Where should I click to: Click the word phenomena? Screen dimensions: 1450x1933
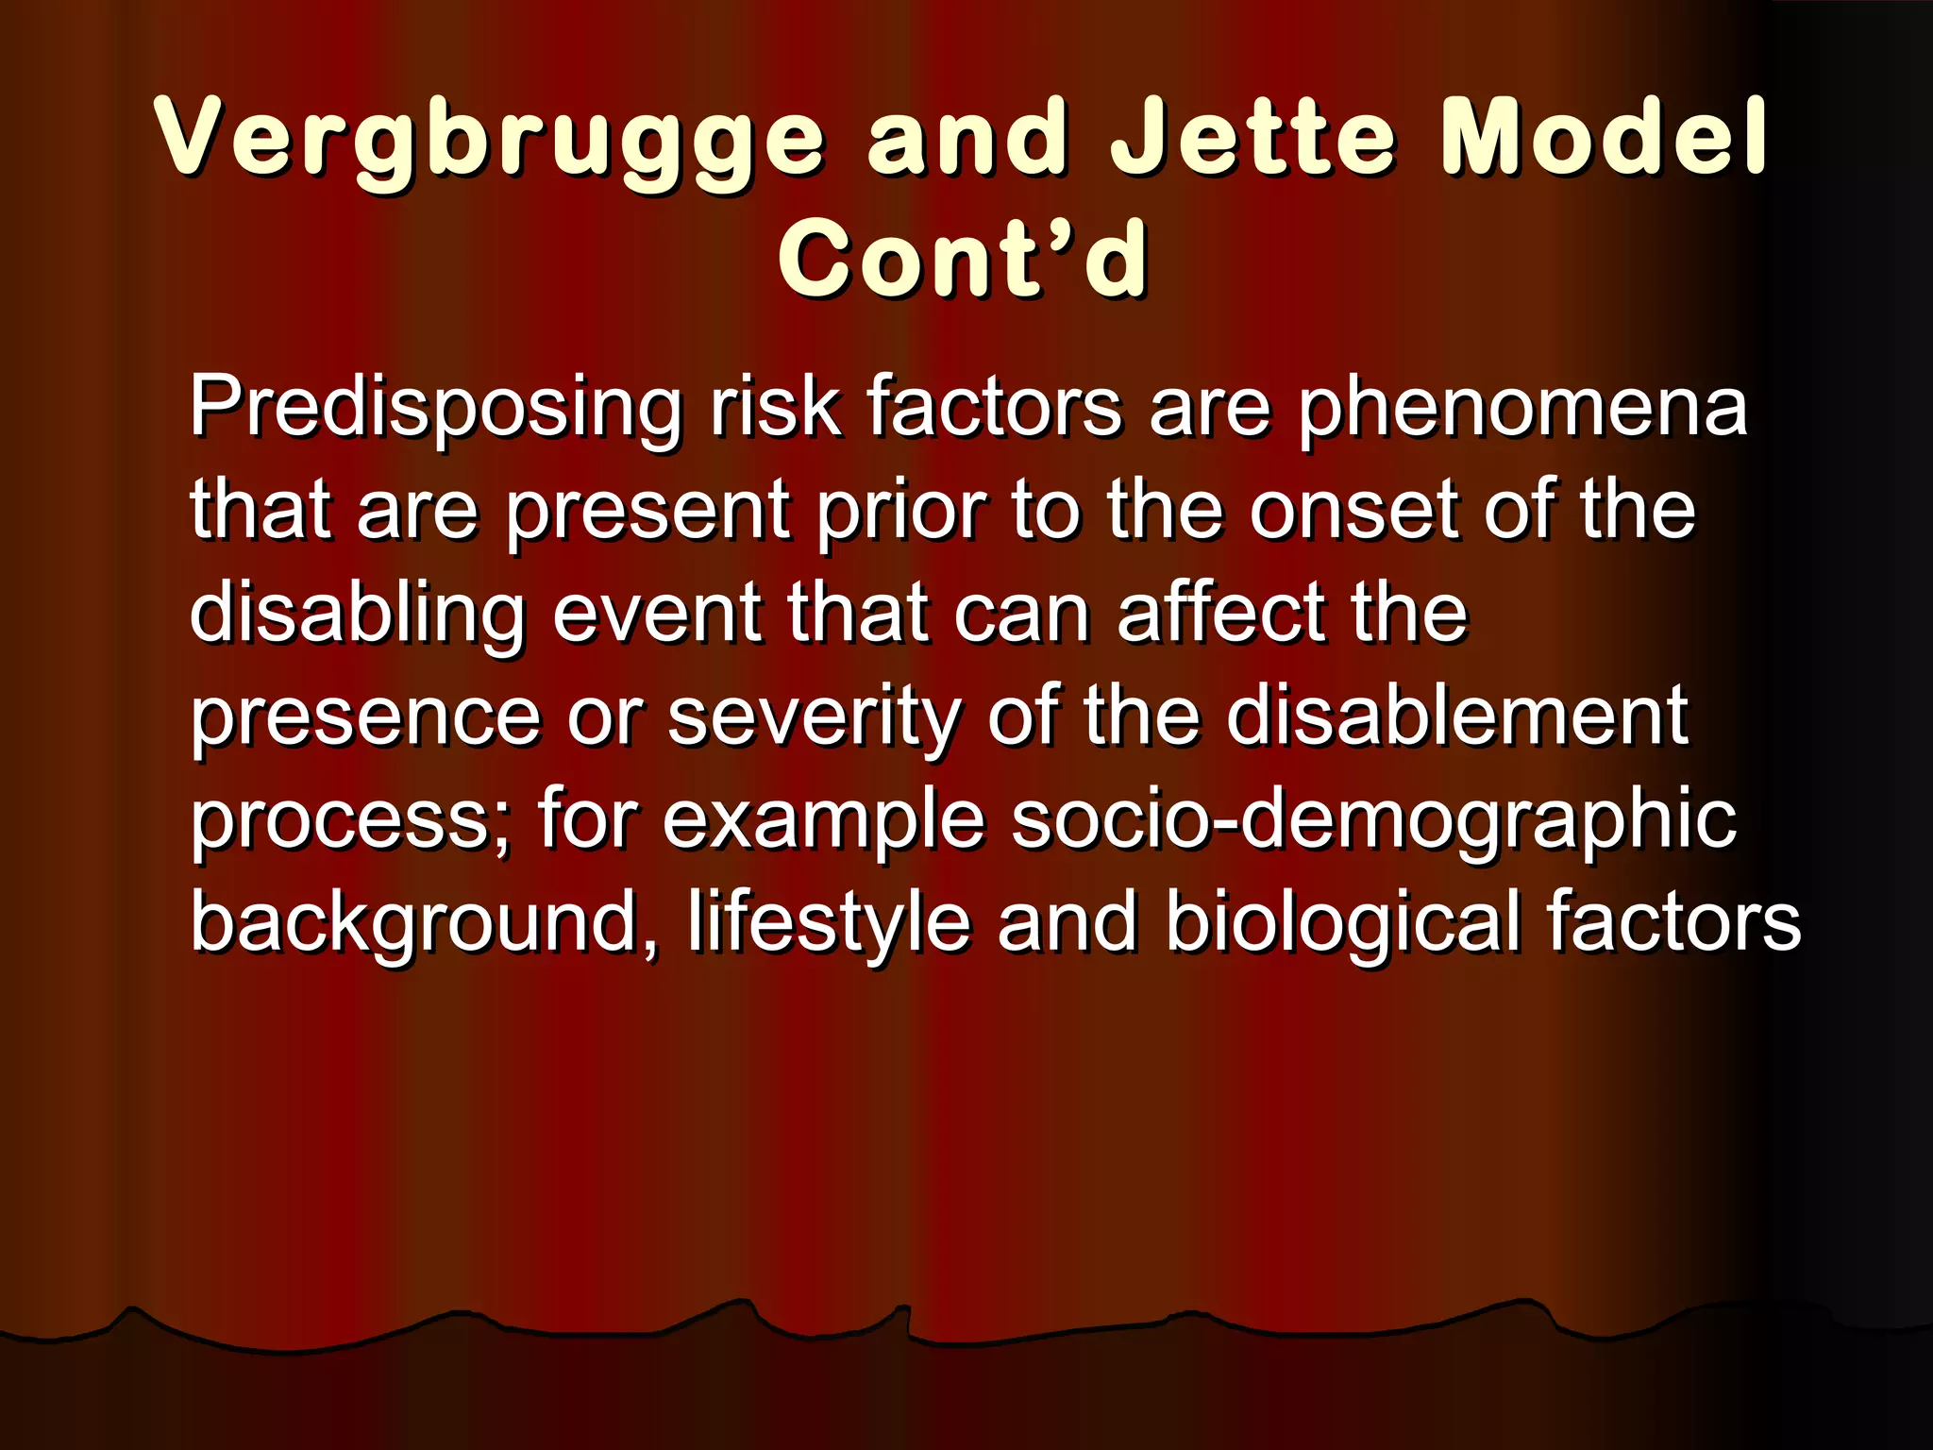1521,408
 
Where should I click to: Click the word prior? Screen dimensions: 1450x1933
900,512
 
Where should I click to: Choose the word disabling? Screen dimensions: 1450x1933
357,615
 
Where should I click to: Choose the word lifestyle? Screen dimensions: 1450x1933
829,923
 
